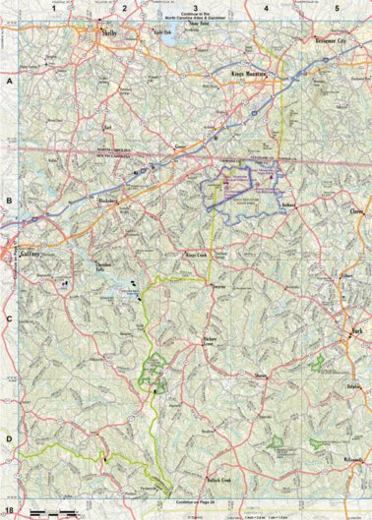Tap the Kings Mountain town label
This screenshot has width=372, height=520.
[x=249, y=75]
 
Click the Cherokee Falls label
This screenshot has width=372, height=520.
[x=105, y=270]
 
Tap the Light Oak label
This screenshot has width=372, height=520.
[x=147, y=31]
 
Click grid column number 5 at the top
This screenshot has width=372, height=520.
[x=338, y=8]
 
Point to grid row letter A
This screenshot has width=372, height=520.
[x=8, y=85]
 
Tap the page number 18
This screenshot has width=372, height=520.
[x=9, y=511]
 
